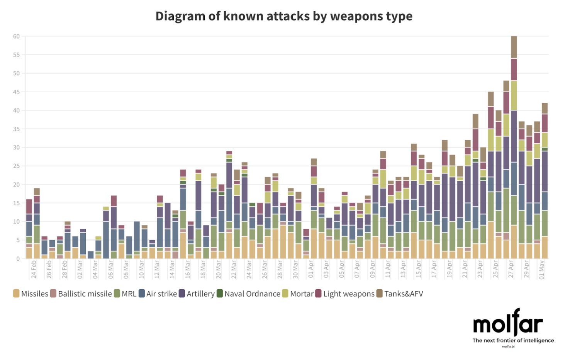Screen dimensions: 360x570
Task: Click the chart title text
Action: click(x=284, y=16)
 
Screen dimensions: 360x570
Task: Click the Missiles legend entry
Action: click(x=31, y=294)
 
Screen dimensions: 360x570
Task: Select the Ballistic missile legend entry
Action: click(x=81, y=294)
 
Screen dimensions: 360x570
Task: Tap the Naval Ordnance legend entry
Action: click(x=248, y=294)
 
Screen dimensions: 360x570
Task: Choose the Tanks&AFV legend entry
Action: click(x=400, y=294)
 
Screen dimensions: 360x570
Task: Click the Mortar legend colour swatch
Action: click(x=285, y=294)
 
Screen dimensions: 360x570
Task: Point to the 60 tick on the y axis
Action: click(x=16, y=36)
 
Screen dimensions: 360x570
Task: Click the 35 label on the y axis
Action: click(x=16, y=129)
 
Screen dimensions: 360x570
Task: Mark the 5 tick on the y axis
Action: click(x=18, y=240)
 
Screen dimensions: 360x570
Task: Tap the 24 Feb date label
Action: click(x=34, y=269)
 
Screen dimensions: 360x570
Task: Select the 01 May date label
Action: click(x=542, y=269)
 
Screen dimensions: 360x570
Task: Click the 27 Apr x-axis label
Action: click(x=511, y=269)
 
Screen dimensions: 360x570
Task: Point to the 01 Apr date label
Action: click(x=311, y=269)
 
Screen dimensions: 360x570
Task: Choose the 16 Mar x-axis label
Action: click(x=188, y=269)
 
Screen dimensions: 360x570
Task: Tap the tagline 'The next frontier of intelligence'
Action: click(x=513, y=340)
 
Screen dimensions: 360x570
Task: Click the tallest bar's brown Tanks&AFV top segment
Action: click(x=514, y=47)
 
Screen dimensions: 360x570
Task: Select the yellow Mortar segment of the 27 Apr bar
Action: click(x=514, y=95)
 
